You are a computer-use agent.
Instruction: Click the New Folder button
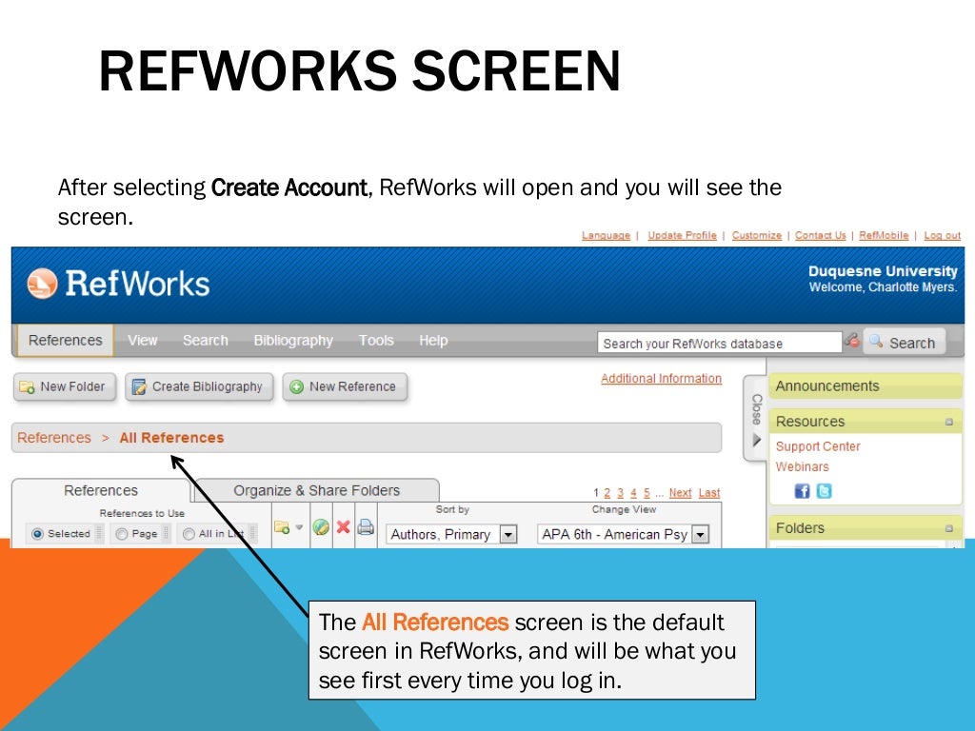[x=65, y=386]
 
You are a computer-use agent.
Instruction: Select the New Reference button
[x=345, y=386]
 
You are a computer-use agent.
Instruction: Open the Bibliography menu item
[x=293, y=341]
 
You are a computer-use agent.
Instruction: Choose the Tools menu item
[x=376, y=341]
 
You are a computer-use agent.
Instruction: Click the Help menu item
[x=433, y=341]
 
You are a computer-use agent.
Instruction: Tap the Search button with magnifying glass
[x=904, y=343]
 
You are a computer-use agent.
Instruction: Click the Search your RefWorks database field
[x=719, y=344]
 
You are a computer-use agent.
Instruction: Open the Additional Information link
[x=661, y=379]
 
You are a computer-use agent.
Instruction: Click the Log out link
[x=942, y=236]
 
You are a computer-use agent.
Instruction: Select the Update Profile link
[x=682, y=236]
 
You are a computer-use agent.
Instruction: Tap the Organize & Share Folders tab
[x=316, y=491]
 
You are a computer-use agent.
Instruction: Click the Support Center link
[x=818, y=446]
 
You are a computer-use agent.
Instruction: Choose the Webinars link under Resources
[x=802, y=466]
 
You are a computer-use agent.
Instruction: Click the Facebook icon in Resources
[x=802, y=491]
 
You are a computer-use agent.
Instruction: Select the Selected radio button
[x=38, y=534]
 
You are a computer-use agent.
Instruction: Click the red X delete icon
[x=343, y=527]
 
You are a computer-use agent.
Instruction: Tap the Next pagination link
[x=680, y=493]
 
